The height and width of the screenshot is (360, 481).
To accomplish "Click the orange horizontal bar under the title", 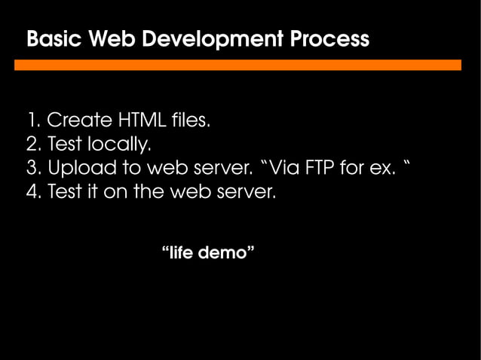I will pyautogui.click(x=237, y=66).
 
